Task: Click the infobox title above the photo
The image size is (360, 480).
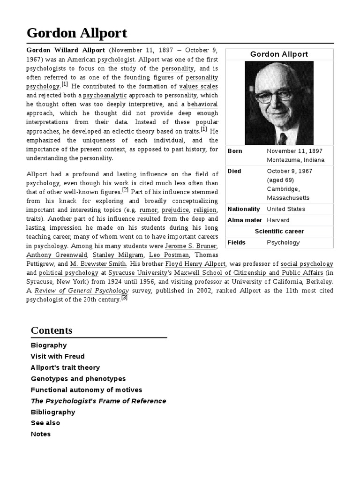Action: click(279, 54)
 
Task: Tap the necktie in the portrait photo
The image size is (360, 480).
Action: click(282, 138)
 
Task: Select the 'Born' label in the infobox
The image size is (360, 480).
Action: click(235, 151)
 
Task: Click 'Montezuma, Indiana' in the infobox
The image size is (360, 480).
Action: click(295, 160)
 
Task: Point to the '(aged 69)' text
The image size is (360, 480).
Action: click(280, 180)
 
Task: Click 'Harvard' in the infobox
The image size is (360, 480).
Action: click(278, 220)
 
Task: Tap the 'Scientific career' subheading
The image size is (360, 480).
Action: click(279, 231)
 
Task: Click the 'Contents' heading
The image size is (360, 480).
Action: click(52, 330)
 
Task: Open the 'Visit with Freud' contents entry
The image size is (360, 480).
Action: click(58, 356)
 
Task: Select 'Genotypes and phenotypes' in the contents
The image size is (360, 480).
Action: click(78, 379)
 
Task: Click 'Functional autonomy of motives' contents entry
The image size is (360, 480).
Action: click(86, 390)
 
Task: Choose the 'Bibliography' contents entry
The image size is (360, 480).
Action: click(53, 412)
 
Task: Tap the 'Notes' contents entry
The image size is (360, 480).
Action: click(41, 434)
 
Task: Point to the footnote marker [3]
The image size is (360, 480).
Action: click(124, 298)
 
